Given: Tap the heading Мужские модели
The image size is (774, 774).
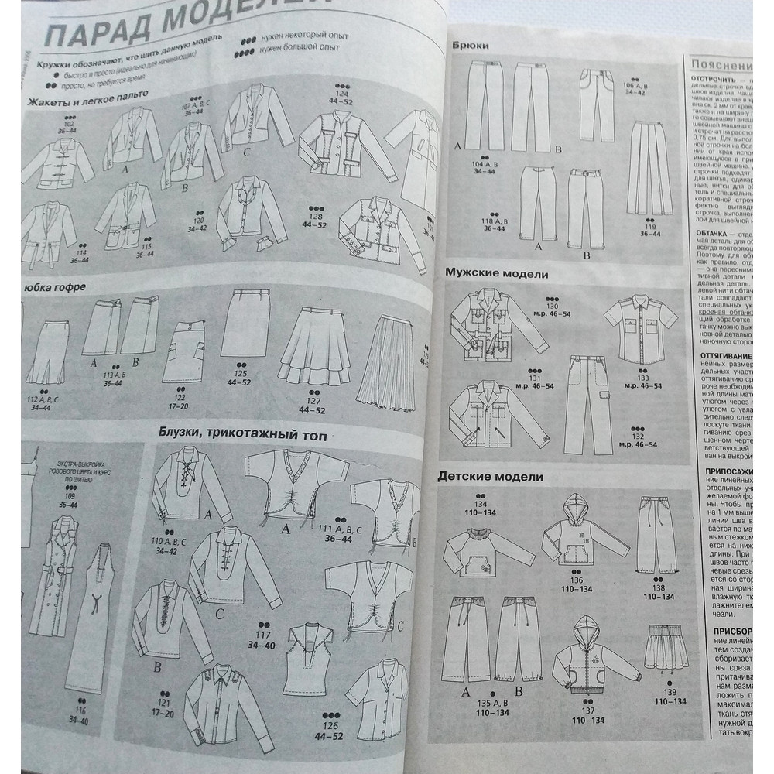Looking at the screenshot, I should [x=495, y=273].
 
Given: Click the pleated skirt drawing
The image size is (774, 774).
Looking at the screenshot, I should [x=386, y=357].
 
